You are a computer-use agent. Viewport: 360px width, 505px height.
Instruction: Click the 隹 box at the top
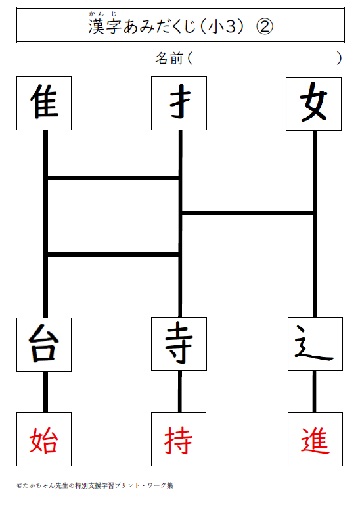pos(44,103)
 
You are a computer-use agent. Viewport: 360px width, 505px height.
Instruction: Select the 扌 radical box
pos(179,103)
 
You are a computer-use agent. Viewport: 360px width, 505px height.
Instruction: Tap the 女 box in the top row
pos(313,104)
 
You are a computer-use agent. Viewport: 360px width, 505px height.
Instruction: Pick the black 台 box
pos(44,345)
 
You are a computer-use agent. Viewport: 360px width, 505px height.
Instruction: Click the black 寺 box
pos(179,344)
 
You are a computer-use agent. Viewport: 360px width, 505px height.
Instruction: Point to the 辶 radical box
pos(315,344)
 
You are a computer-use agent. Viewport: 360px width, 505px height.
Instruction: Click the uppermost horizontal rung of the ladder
pos(113,178)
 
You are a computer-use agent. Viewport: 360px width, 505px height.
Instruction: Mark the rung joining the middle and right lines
pos(248,213)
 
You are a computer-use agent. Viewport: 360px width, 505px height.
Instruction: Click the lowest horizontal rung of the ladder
pos(113,254)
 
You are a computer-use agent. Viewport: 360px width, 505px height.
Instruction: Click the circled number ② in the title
pos(265,26)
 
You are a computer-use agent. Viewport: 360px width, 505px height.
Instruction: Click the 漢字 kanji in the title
pos(105,26)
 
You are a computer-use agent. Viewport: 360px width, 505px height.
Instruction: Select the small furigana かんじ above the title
pos(102,14)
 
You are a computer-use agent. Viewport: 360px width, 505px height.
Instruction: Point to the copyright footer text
pos(95,485)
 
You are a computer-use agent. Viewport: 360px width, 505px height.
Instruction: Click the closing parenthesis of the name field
pos(339,59)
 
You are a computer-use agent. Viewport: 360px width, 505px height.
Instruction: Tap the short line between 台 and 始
pos(46,392)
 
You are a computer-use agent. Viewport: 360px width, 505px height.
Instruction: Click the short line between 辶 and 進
pos(314,391)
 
